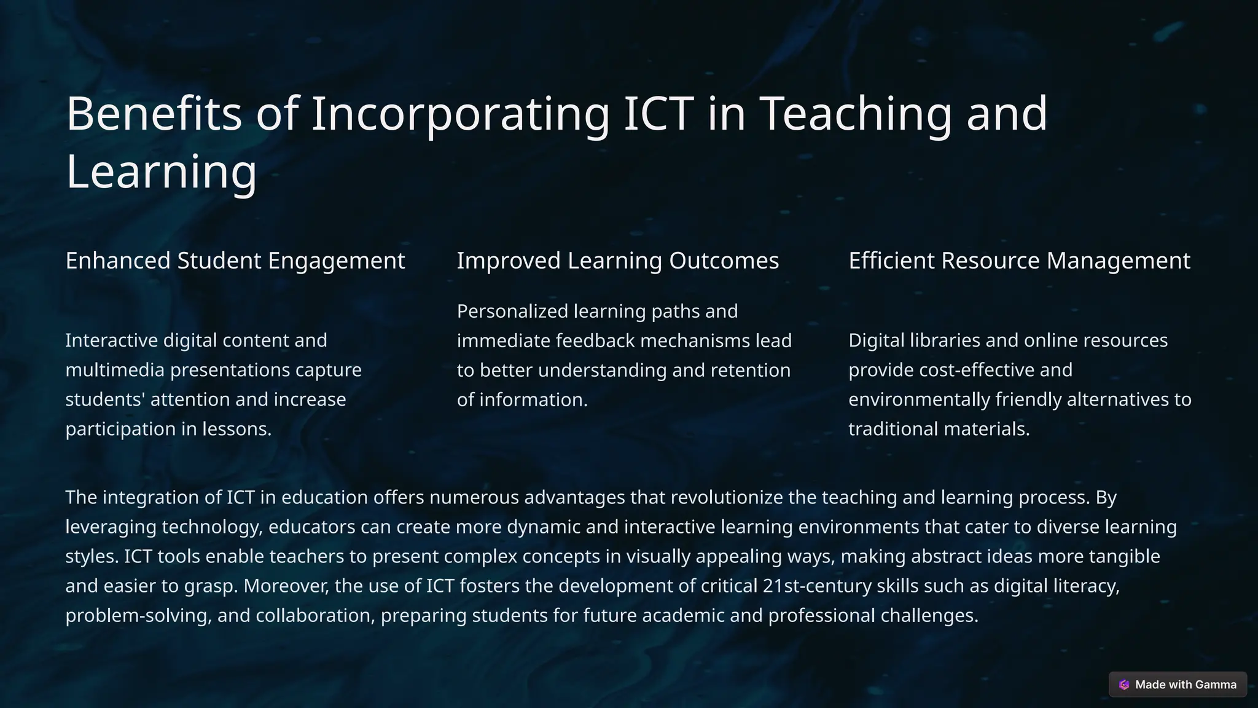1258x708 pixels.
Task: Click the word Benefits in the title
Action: click(x=154, y=114)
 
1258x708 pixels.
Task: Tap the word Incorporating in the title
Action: click(x=461, y=114)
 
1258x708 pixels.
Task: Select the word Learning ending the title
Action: click(x=161, y=171)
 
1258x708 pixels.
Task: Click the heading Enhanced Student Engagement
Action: click(x=235, y=261)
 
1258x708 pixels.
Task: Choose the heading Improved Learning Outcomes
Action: click(x=617, y=261)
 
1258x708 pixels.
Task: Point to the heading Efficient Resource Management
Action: click(x=1019, y=261)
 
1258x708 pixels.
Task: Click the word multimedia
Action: click(x=115, y=370)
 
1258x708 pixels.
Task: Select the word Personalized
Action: click(x=512, y=312)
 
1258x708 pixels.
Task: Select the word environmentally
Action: click(x=919, y=399)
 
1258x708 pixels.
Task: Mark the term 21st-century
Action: click(x=817, y=586)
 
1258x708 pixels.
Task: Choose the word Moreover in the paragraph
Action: click(x=286, y=586)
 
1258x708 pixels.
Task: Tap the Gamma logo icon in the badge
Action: click(x=1124, y=685)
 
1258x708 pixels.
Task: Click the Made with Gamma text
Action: click(x=1186, y=685)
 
